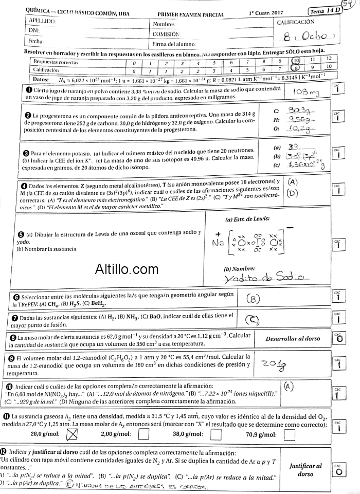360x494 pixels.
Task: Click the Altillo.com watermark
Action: (127, 268)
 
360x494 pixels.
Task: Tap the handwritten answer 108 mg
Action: (307, 92)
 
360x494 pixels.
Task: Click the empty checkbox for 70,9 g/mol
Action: (290, 435)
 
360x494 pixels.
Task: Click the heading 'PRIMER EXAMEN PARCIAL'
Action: (190, 15)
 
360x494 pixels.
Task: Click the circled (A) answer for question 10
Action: (289, 385)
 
